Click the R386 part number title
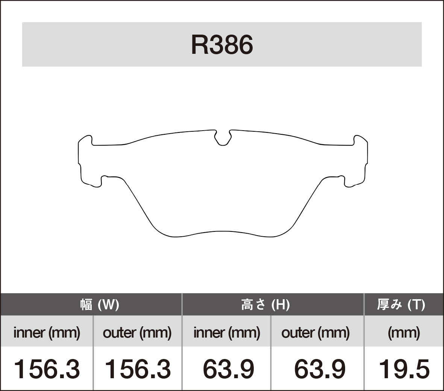pyautogui.click(x=222, y=45)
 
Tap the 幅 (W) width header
pyautogui.click(x=100, y=304)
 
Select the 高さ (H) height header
pyautogui.click(x=265, y=304)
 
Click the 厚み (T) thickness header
pyautogui.click(x=401, y=304)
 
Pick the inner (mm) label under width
pyautogui.click(x=47, y=332)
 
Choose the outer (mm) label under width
pyautogui.click(x=137, y=332)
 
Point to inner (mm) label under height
pyautogui.click(x=227, y=332)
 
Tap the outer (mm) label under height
pyautogui.click(x=315, y=332)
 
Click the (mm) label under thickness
pyautogui.click(x=404, y=332)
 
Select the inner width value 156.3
pyautogui.click(x=47, y=369)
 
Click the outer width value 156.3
pyautogui.click(x=137, y=369)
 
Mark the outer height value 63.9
pyautogui.click(x=320, y=369)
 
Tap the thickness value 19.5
pyautogui.click(x=404, y=369)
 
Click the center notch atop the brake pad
pyautogui.click(x=223, y=138)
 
